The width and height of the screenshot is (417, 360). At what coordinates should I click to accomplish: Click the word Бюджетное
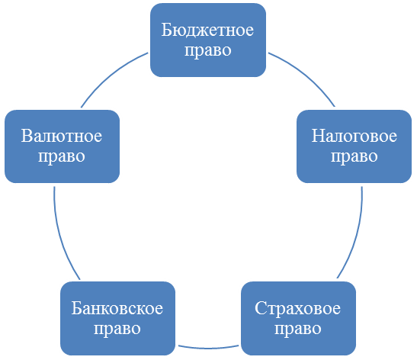tap(207, 31)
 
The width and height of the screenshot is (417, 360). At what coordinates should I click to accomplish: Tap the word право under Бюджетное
tap(208, 51)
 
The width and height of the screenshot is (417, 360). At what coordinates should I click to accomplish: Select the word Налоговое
tap(354, 136)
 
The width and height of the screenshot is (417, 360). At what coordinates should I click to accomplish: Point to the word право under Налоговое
tap(354, 157)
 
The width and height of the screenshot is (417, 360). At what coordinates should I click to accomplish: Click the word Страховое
tap(297, 308)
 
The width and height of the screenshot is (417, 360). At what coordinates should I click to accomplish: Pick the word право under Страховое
tap(298, 329)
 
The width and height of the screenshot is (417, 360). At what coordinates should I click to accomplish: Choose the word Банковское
tap(117, 308)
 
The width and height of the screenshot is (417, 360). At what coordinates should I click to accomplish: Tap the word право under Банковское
tap(117, 329)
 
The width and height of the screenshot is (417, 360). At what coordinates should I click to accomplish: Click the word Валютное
tap(62, 136)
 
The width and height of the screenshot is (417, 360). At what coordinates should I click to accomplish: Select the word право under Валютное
tap(62, 157)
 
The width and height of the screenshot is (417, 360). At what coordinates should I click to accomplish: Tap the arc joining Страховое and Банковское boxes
tap(208, 348)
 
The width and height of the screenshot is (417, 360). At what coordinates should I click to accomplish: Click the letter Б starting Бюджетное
tap(166, 31)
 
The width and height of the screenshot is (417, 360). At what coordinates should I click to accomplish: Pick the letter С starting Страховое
tap(261, 309)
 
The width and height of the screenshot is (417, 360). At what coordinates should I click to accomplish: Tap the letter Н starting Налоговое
tap(318, 136)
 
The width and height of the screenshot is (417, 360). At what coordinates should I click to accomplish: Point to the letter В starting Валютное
tap(27, 136)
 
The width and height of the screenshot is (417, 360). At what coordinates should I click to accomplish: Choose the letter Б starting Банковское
tap(76, 309)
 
